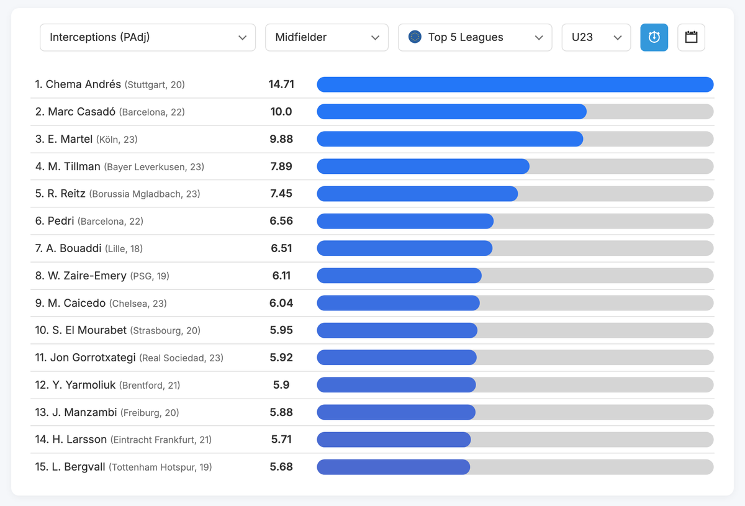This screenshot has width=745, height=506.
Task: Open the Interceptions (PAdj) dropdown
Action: click(148, 37)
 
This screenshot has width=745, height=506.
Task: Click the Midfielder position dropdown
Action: click(327, 37)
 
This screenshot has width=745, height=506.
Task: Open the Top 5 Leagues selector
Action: click(475, 37)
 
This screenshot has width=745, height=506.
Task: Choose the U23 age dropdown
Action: click(596, 37)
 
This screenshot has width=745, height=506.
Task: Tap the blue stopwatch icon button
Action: click(654, 37)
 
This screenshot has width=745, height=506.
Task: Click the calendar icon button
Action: click(691, 37)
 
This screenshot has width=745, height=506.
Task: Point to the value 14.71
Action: click(281, 84)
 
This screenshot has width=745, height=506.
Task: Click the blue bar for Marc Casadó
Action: click(451, 112)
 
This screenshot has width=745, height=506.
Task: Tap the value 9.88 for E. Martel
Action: click(281, 139)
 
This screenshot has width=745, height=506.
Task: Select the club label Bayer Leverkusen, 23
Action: click(154, 167)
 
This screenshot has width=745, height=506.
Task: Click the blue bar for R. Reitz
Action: click(417, 194)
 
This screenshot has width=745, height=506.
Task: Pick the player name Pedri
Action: click(61, 221)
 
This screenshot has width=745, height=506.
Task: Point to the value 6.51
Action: click(281, 248)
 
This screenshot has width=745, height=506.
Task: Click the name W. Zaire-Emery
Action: click(87, 276)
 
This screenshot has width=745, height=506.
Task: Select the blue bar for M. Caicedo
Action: click(398, 303)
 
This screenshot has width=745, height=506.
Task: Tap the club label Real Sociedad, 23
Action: click(181, 358)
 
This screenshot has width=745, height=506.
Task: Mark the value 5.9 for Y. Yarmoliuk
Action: click(281, 385)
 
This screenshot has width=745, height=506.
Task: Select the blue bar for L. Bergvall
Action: click(393, 467)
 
